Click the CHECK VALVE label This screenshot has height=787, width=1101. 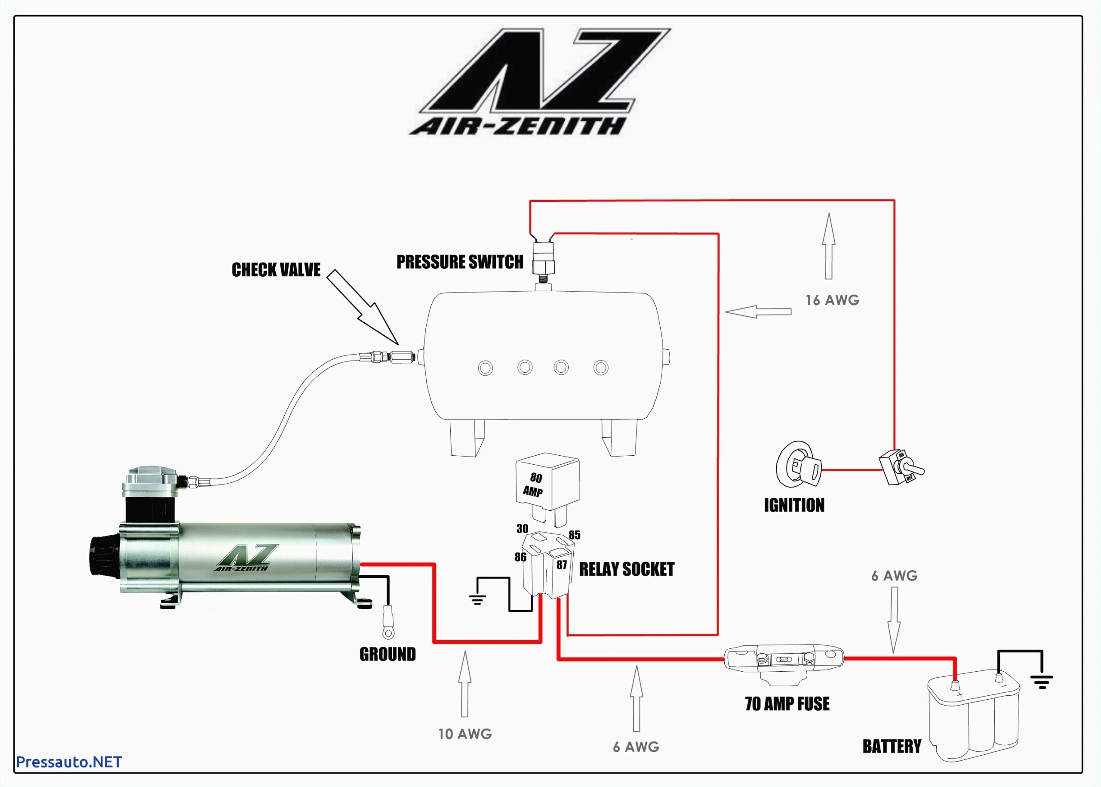pos(276,270)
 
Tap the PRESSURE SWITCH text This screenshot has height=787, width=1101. pos(459,262)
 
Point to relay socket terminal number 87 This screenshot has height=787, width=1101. pos(561,565)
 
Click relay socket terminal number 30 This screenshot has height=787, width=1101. pos(522,529)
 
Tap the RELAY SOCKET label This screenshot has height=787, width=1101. pos(626,569)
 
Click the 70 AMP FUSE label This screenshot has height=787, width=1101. pos(787,704)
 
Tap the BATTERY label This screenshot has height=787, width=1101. pos(891,746)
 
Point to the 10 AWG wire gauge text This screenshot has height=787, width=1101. pos(464,734)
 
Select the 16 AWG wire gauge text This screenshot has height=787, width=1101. pos(832,300)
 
